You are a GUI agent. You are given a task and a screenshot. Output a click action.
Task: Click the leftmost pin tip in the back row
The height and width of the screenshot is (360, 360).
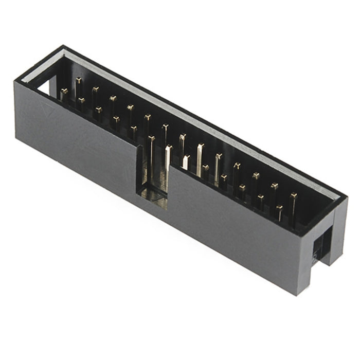(x=79, y=80)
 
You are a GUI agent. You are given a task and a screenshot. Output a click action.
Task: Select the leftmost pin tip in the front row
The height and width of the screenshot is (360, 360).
(x=64, y=92)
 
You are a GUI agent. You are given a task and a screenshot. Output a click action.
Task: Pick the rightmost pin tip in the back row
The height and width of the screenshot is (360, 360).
(x=293, y=195)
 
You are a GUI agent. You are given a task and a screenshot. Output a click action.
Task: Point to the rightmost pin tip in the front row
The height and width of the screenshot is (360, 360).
(x=279, y=208)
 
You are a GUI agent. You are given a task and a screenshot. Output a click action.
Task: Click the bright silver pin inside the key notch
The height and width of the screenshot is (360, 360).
(x=168, y=150)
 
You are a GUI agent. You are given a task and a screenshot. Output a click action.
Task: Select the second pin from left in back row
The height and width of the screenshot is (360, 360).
(x=96, y=89)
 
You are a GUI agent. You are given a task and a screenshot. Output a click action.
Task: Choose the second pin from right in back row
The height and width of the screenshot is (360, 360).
(x=275, y=186)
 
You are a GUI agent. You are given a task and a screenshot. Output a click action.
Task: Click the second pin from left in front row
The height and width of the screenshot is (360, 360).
(x=81, y=100)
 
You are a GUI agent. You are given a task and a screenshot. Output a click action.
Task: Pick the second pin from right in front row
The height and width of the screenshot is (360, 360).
(x=261, y=197)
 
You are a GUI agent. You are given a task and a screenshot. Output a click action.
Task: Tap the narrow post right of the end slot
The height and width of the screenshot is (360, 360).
(x=339, y=231)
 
